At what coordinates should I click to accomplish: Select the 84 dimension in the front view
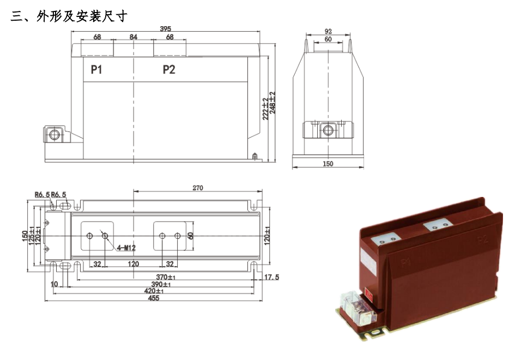click(134, 37)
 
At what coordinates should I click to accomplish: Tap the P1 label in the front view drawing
click(96, 69)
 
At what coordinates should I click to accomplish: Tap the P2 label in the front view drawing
click(169, 69)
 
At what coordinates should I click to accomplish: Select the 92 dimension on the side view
click(328, 32)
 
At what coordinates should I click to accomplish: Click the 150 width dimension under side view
click(328, 164)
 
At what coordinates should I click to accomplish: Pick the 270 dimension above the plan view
click(197, 188)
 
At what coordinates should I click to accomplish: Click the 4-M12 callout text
click(127, 249)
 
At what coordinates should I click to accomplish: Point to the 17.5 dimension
click(271, 278)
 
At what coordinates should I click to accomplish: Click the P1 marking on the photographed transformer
click(405, 264)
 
